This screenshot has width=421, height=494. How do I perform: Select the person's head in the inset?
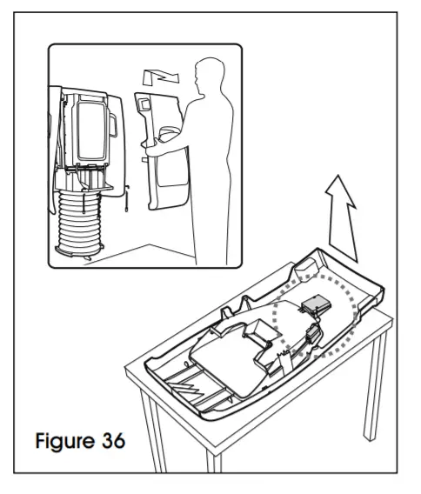click(209, 72)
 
